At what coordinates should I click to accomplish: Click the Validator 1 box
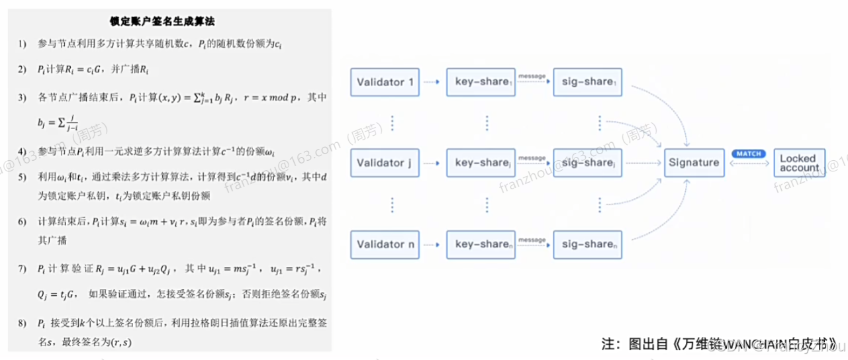(385, 82)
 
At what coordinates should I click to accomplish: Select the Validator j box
(385, 163)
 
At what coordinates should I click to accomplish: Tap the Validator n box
(385, 244)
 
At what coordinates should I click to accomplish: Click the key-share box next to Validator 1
(481, 82)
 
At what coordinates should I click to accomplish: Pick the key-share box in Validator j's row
(481, 163)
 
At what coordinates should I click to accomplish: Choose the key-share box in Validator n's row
(481, 244)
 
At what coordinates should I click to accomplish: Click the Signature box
(693, 163)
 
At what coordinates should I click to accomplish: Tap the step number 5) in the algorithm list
(23, 177)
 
